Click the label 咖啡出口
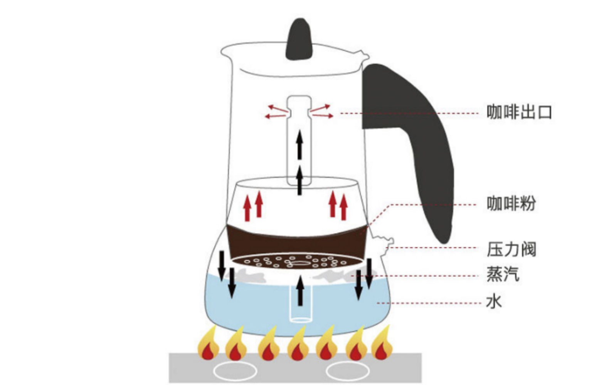click(x=519, y=112)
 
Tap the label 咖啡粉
click(x=511, y=203)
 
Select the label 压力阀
click(x=511, y=249)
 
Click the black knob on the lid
click(x=299, y=40)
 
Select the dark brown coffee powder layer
click(x=297, y=241)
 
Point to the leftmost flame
click(x=208, y=345)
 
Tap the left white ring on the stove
click(x=235, y=372)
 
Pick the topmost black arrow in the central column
click(x=299, y=144)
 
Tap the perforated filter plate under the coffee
click(x=297, y=262)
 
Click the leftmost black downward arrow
click(x=222, y=266)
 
